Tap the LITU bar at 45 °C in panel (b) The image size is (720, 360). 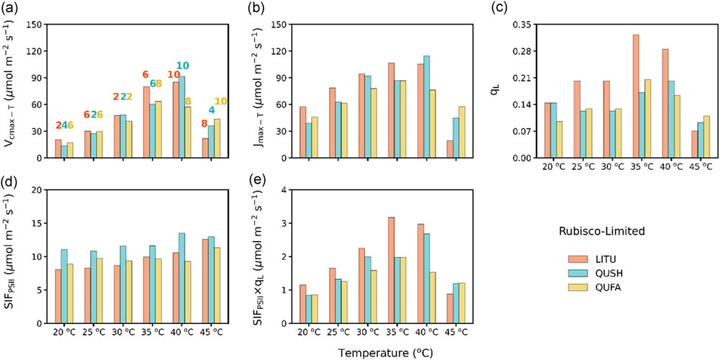(450, 149)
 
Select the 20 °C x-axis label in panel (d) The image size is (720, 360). (64, 332)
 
